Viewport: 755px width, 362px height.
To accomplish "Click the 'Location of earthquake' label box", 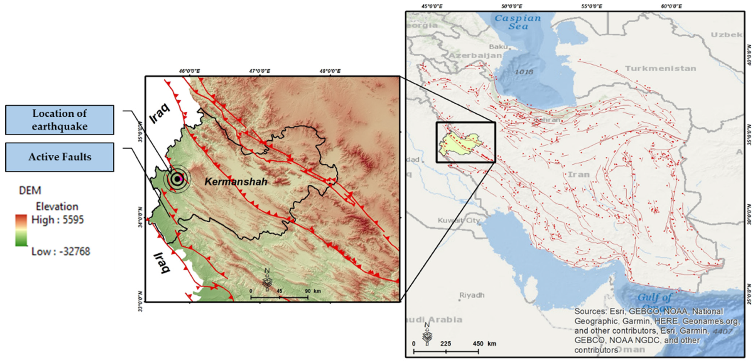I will pyautogui.click(x=59, y=120).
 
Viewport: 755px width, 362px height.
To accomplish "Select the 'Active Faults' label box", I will pyautogui.click(x=59, y=157).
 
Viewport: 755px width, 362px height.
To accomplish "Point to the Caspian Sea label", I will pyautogui.click(x=518, y=22).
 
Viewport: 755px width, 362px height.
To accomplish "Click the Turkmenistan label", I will pyautogui.click(x=660, y=68).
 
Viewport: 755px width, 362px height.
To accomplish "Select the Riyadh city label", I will pyautogui.click(x=471, y=295).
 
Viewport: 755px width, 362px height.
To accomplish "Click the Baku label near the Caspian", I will pyautogui.click(x=498, y=47).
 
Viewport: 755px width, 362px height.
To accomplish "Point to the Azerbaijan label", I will pyautogui.click(x=475, y=55).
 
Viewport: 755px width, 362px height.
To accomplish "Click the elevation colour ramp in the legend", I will pyautogui.click(x=21, y=230).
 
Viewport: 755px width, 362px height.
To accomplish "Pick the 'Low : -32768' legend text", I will pyautogui.click(x=61, y=251).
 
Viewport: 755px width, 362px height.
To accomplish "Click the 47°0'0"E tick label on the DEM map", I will pyautogui.click(x=260, y=71).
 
